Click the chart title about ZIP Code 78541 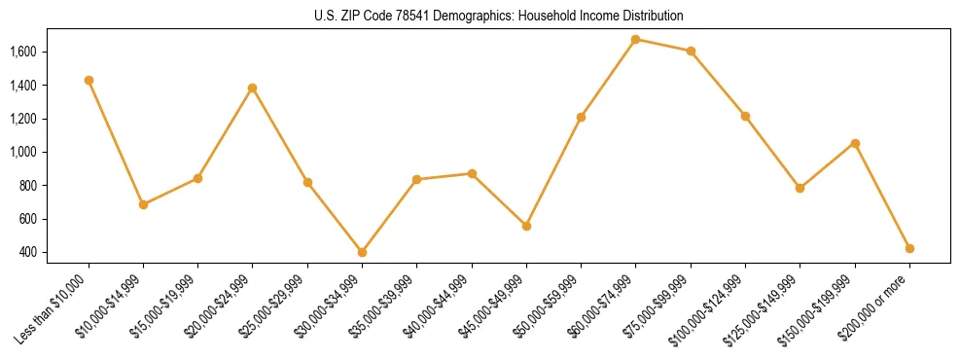click(499, 16)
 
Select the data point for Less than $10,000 click(89, 80)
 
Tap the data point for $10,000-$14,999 click(143, 204)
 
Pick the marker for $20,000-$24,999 click(253, 88)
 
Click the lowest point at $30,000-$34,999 click(362, 252)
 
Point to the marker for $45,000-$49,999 click(526, 226)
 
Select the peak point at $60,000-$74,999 click(635, 39)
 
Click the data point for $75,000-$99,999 click(691, 51)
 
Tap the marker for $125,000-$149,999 click(800, 188)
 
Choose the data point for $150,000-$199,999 click(855, 143)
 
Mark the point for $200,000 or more click(909, 248)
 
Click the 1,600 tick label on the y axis click(23, 52)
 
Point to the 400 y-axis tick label click(28, 253)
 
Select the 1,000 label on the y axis click(23, 152)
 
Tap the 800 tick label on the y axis click(28, 186)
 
